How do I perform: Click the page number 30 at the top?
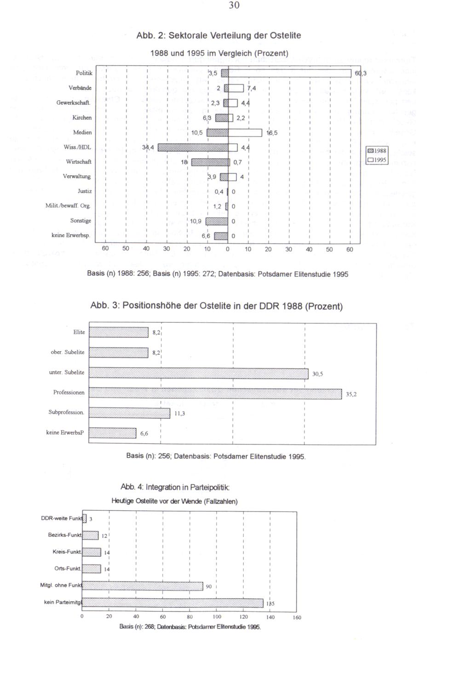pyautogui.click(x=234, y=6)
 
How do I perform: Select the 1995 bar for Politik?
pyautogui.click(x=290, y=74)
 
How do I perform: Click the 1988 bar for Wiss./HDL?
pyautogui.click(x=193, y=148)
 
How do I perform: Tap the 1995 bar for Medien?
pyautogui.click(x=245, y=133)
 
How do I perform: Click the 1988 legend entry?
pyautogui.click(x=377, y=151)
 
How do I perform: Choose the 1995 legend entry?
pyautogui.click(x=377, y=160)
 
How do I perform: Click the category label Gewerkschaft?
pyautogui.click(x=74, y=103)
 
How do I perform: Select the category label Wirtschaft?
pyautogui.click(x=79, y=162)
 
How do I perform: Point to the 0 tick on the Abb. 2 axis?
pyautogui.click(x=228, y=249)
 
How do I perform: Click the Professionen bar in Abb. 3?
pyautogui.click(x=215, y=393)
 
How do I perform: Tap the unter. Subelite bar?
pyautogui.click(x=199, y=373)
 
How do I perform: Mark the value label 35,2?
pyautogui.click(x=351, y=394)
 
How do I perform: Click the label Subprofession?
pyautogui.click(x=66, y=412)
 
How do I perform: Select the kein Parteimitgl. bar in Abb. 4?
pyautogui.click(x=173, y=603)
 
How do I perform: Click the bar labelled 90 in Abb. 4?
pyautogui.click(x=143, y=586)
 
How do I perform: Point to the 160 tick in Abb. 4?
pyautogui.click(x=297, y=617)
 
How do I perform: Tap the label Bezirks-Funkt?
pyautogui.click(x=65, y=535)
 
